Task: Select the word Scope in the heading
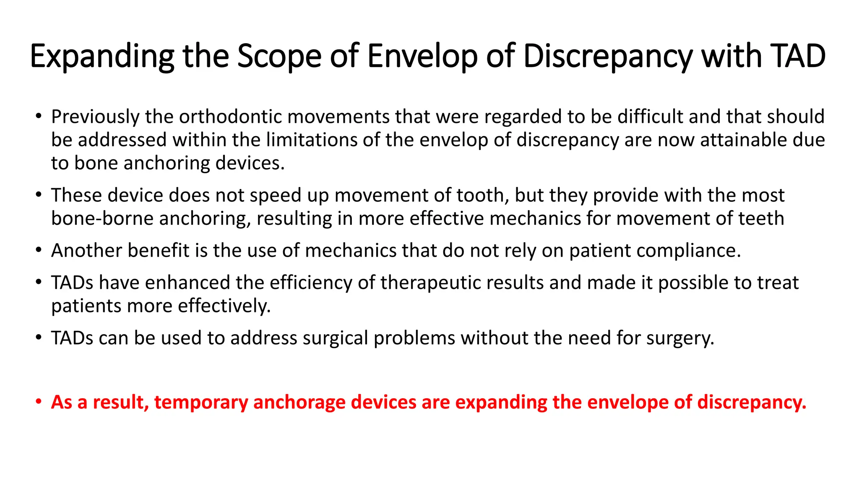(x=279, y=57)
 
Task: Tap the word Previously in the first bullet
(x=95, y=117)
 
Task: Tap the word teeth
(x=761, y=218)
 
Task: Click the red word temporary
(x=201, y=402)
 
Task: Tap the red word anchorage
(x=299, y=402)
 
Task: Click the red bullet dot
(x=39, y=402)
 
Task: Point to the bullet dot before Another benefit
(x=39, y=250)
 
